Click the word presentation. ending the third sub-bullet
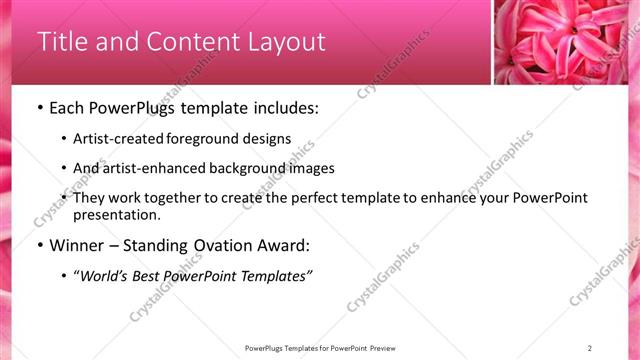116,215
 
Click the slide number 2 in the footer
590,348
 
